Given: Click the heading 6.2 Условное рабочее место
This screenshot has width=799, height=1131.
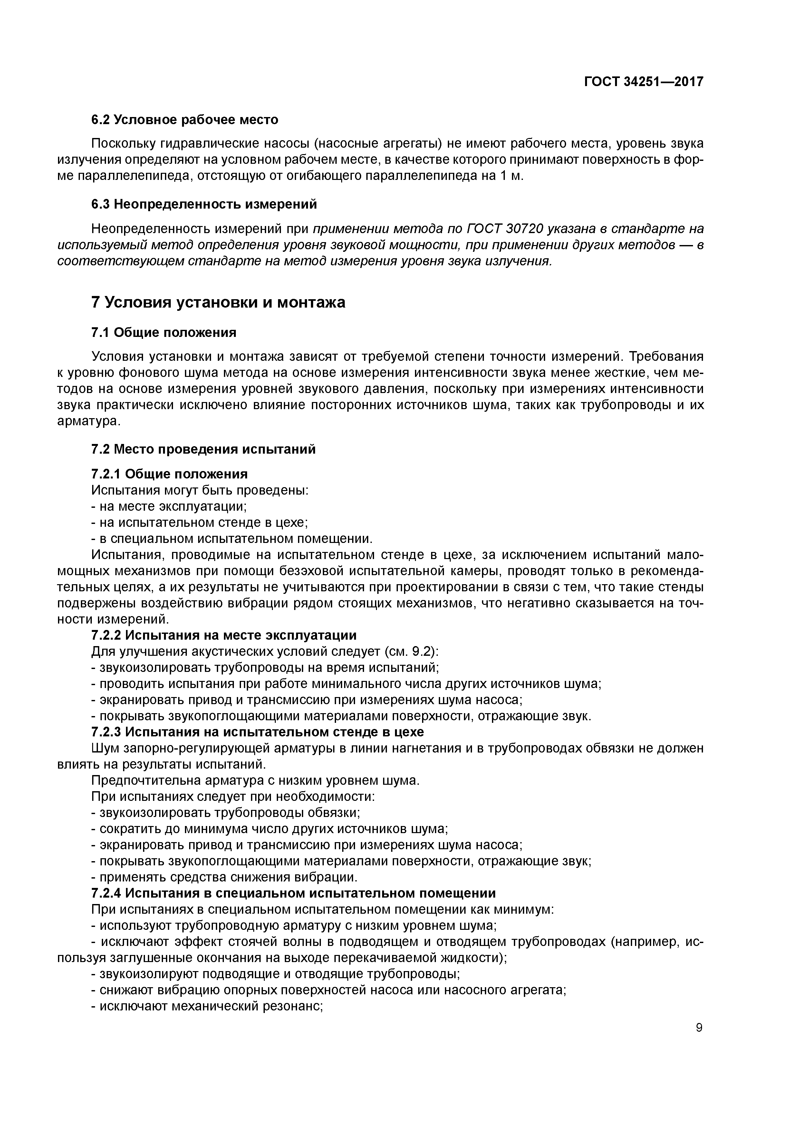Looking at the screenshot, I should [185, 120].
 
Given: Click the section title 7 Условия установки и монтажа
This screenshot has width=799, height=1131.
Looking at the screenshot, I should [218, 302].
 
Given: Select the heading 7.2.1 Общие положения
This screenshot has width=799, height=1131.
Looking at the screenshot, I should [169, 474].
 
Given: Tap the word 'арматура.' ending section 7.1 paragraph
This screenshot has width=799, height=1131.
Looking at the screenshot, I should [89, 422].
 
